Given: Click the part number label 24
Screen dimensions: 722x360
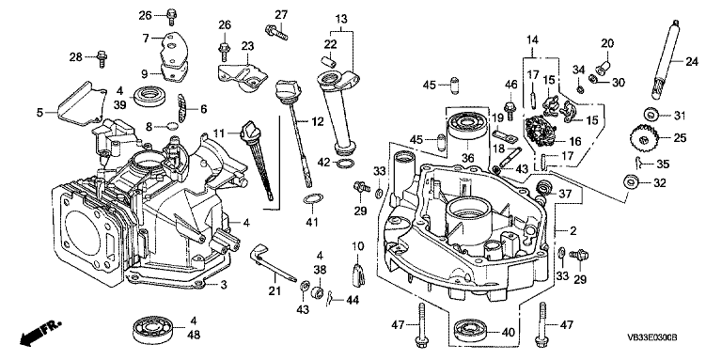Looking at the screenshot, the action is [x=692, y=61].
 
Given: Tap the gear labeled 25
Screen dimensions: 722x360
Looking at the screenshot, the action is [x=643, y=137].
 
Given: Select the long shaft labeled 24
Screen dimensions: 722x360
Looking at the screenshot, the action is [x=666, y=59].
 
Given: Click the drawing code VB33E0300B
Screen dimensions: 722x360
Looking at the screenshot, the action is [x=652, y=337].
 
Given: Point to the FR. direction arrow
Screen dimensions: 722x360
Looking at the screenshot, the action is [x=40, y=333].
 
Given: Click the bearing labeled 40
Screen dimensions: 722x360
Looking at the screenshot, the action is [x=468, y=331].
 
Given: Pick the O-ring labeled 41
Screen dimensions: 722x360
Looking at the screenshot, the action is [x=313, y=199].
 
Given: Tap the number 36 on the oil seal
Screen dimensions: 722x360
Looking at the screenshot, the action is [x=468, y=157].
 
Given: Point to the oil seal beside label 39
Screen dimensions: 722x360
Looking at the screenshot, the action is [x=149, y=96].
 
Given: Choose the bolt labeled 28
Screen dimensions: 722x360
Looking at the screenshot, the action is [x=102, y=59].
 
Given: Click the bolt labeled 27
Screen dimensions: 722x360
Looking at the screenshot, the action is [x=275, y=32].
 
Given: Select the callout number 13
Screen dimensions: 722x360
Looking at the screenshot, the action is [x=341, y=20].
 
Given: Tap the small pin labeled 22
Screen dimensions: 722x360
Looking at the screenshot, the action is [x=328, y=61].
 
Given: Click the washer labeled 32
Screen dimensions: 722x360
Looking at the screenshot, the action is [x=631, y=182].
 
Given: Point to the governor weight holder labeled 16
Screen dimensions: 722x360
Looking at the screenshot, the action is [x=541, y=132].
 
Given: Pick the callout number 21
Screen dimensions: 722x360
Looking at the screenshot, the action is [x=275, y=290].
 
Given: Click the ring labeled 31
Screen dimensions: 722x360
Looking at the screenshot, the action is [x=651, y=114].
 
